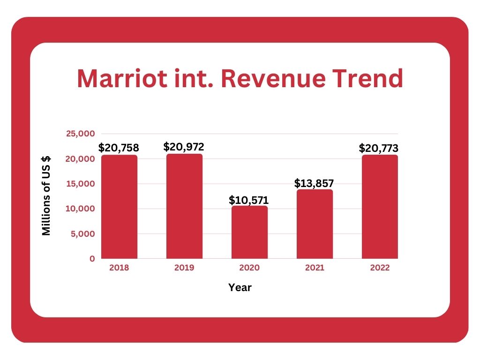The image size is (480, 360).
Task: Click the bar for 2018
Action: point(119,207)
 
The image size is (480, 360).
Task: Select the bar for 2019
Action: point(184,206)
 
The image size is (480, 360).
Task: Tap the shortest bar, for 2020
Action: point(249,232)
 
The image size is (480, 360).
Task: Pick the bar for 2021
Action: point(315,224)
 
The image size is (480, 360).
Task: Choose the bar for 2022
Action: point(380,207)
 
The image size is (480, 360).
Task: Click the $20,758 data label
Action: point(119,148)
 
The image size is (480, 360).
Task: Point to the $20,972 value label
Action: point(184,147)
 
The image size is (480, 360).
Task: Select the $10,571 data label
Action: point(249,200)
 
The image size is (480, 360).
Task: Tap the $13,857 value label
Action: point(314,183)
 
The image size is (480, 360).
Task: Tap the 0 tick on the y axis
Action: point(92,259)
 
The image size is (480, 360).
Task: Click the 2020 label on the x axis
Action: point(249,268)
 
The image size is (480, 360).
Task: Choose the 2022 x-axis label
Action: point(380,268)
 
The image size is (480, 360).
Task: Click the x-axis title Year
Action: point(240,288)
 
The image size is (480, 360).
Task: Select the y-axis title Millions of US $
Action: point(46,196)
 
